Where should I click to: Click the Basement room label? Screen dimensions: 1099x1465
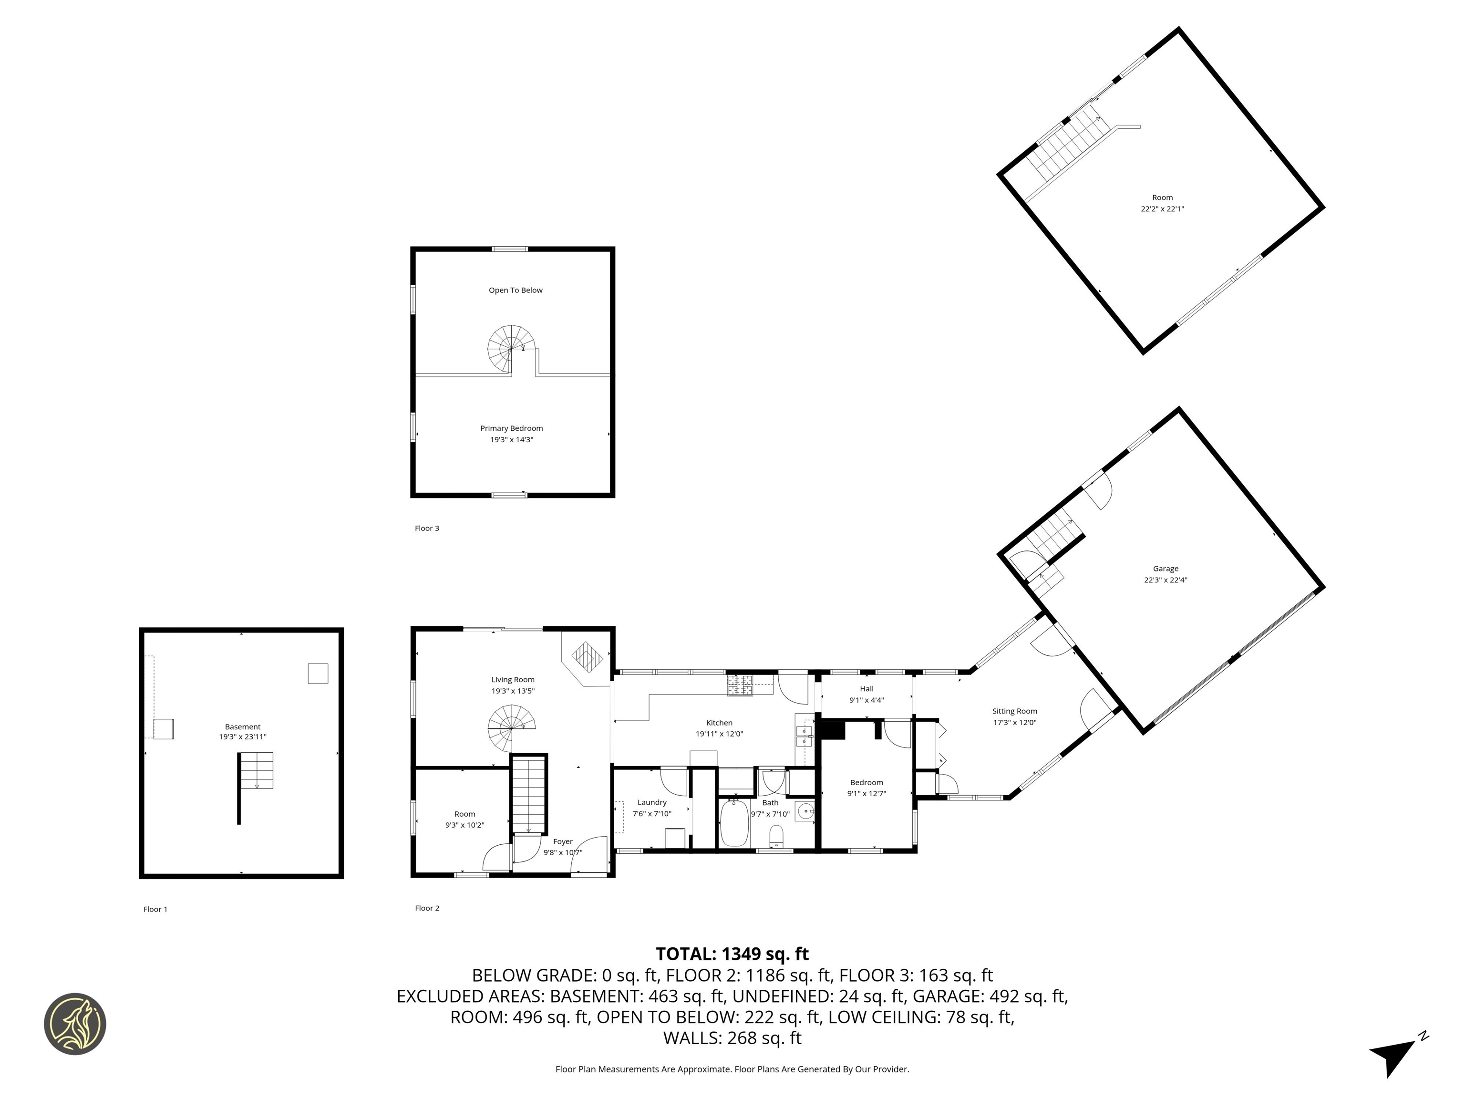[242, 727]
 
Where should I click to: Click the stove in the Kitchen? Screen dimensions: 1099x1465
[741, 685]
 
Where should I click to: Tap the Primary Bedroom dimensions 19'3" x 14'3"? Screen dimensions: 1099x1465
[511, 440]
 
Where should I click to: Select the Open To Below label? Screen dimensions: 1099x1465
[515, 290]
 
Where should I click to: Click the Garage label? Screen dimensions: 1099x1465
[1166, 569]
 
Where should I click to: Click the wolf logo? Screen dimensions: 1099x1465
[75, 1024]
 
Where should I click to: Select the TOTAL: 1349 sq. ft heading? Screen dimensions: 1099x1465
[732, 954]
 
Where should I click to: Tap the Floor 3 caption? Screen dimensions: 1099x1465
[426, 528]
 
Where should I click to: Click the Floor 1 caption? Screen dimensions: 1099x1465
[155, 909]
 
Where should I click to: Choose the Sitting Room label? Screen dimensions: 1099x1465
[1014, 711]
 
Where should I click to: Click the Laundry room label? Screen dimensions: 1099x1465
[652, 802]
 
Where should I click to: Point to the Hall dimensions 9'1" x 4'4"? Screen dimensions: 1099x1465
[867, 700]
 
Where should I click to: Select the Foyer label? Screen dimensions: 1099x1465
[562, 841]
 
